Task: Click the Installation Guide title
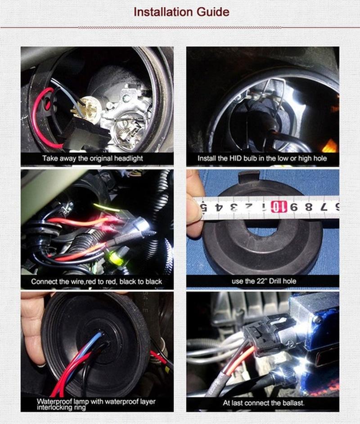[181, 12]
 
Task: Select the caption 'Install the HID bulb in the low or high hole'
[262, 158]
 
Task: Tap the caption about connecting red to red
[96, 281]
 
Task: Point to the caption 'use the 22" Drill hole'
[264, 281]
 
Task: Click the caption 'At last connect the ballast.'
[264, 403]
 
